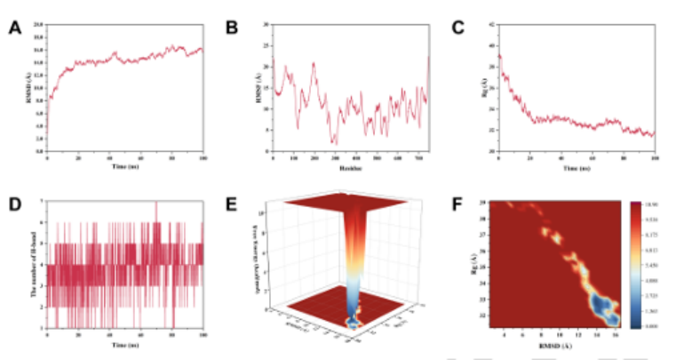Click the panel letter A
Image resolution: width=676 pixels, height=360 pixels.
14,28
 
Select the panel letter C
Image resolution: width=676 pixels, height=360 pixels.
458,28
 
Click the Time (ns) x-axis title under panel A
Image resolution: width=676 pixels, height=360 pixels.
123,165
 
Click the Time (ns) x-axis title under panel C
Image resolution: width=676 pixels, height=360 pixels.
577,165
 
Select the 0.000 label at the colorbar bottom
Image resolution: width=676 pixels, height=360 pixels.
658,327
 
